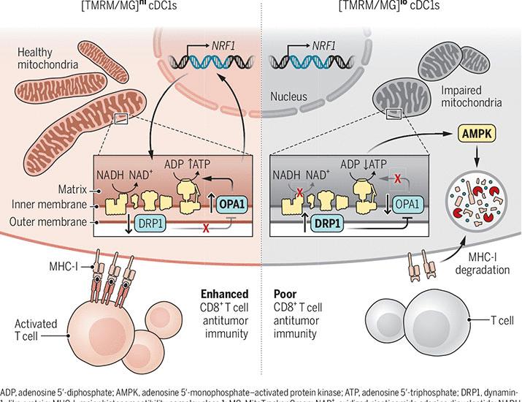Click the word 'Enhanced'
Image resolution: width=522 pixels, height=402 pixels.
point(221,294)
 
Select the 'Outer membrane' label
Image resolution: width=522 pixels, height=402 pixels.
point(46,221)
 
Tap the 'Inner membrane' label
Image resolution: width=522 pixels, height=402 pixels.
point(46,205)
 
